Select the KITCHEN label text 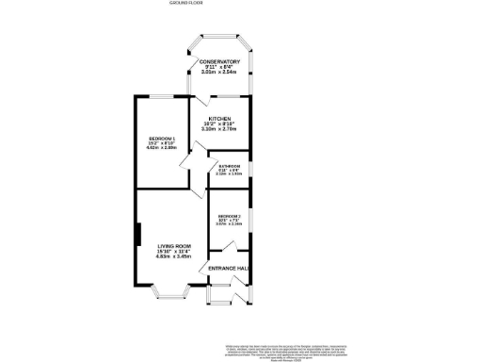click(x=219, y=119)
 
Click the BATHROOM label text click(x=229, y=165)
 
